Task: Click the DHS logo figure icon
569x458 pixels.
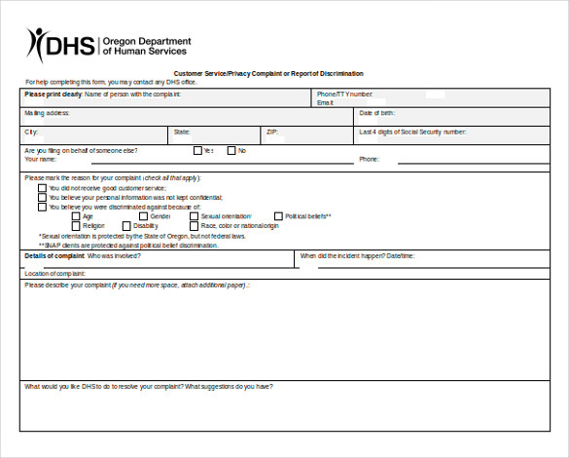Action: pos(36,44)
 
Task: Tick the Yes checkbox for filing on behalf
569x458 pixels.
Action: pos(197,150)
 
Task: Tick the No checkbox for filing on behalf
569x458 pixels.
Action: pos(231,150)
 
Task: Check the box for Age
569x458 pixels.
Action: pos(76,216)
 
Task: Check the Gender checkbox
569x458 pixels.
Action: pos(143,216)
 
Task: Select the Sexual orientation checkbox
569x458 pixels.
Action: pos(193,216)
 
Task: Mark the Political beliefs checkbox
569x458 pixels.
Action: pos(278,216)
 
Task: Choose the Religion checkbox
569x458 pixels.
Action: pos(76,226)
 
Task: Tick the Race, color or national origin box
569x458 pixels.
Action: pos(193,226)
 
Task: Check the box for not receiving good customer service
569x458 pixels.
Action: pos(42,188)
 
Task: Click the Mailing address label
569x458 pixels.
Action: pos(47,113)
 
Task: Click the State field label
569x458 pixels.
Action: pos(182,131)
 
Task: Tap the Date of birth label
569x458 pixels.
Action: pos(377,113)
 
